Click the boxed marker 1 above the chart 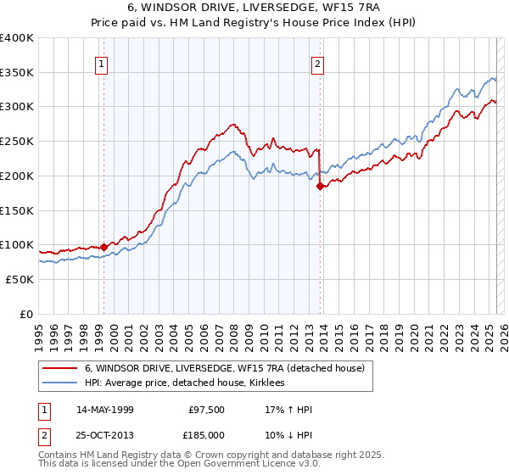point(102,63)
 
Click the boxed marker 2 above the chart point(318,63)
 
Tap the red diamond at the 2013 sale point point(320,186)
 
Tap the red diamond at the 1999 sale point point(103,247)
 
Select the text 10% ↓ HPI point(289,433)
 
